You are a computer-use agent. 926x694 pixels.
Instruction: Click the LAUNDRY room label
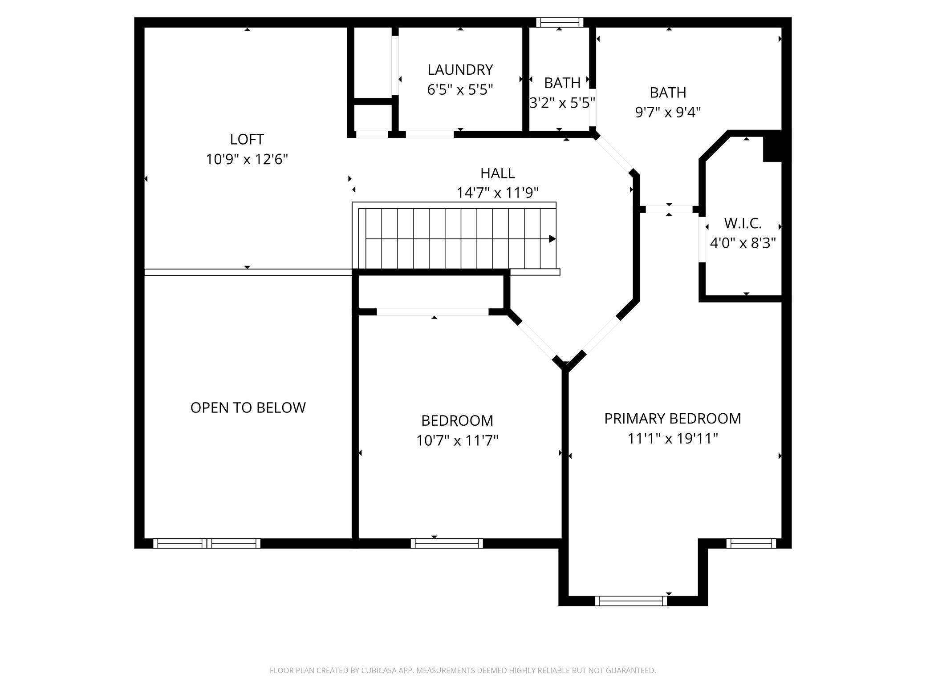click(x=460, y=70)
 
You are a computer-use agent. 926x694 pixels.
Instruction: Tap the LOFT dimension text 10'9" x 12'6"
click(x=247, y=159)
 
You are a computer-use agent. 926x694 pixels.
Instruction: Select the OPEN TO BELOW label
click(x=248, y=408)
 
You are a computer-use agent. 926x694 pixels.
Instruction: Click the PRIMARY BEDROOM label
click(x=672, y=419)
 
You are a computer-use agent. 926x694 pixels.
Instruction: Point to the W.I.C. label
click(x=743, y=223)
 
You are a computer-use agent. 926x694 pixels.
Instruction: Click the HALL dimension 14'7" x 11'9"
click(x=498, y=193)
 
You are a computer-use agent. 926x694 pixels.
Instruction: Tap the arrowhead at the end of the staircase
click(x=552, y=239)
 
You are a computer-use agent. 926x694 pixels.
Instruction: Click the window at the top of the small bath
click(x=560, y=22)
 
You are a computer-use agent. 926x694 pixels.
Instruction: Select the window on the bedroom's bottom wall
click(x=447, y=543)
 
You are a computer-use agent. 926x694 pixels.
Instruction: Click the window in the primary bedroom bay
click(x=631, y=601)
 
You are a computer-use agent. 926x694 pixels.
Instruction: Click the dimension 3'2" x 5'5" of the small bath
click(x=562, y=103)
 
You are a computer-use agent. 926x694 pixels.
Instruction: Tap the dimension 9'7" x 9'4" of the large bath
click(x=668, y=112)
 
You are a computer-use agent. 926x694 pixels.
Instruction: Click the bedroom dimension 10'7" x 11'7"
click(x=457, y=440)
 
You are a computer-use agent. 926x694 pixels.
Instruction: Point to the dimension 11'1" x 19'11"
click(x=673, y=439)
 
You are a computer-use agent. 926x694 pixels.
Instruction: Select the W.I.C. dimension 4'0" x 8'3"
click(x=743, y=243)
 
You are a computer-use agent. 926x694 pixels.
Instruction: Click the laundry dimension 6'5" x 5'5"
click(x=460, y=90)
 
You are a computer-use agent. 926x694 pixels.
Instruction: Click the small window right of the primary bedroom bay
click(x=751, y=543)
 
